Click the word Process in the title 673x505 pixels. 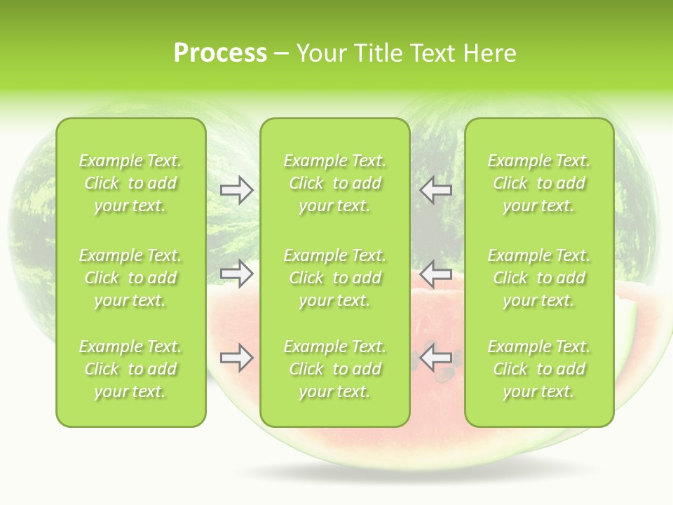(220, 53)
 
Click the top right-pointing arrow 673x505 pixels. (236, 190)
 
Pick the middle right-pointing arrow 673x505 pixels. (236, 274)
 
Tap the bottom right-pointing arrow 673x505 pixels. (236, 358)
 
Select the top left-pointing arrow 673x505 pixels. (435, 190)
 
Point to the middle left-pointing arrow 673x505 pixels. (435, 274)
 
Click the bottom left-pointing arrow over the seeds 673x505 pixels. (435, 357)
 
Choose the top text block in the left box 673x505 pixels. (130, 183)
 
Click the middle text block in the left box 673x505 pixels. (130, 278)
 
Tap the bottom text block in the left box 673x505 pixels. (130, 369)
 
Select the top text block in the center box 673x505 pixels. (335, 183)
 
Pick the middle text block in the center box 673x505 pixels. (335, 278)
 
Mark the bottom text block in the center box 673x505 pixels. (335, 369)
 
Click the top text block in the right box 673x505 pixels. (539, 183)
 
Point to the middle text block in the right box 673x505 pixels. (539, 278)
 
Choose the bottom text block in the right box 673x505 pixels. (539, 369)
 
